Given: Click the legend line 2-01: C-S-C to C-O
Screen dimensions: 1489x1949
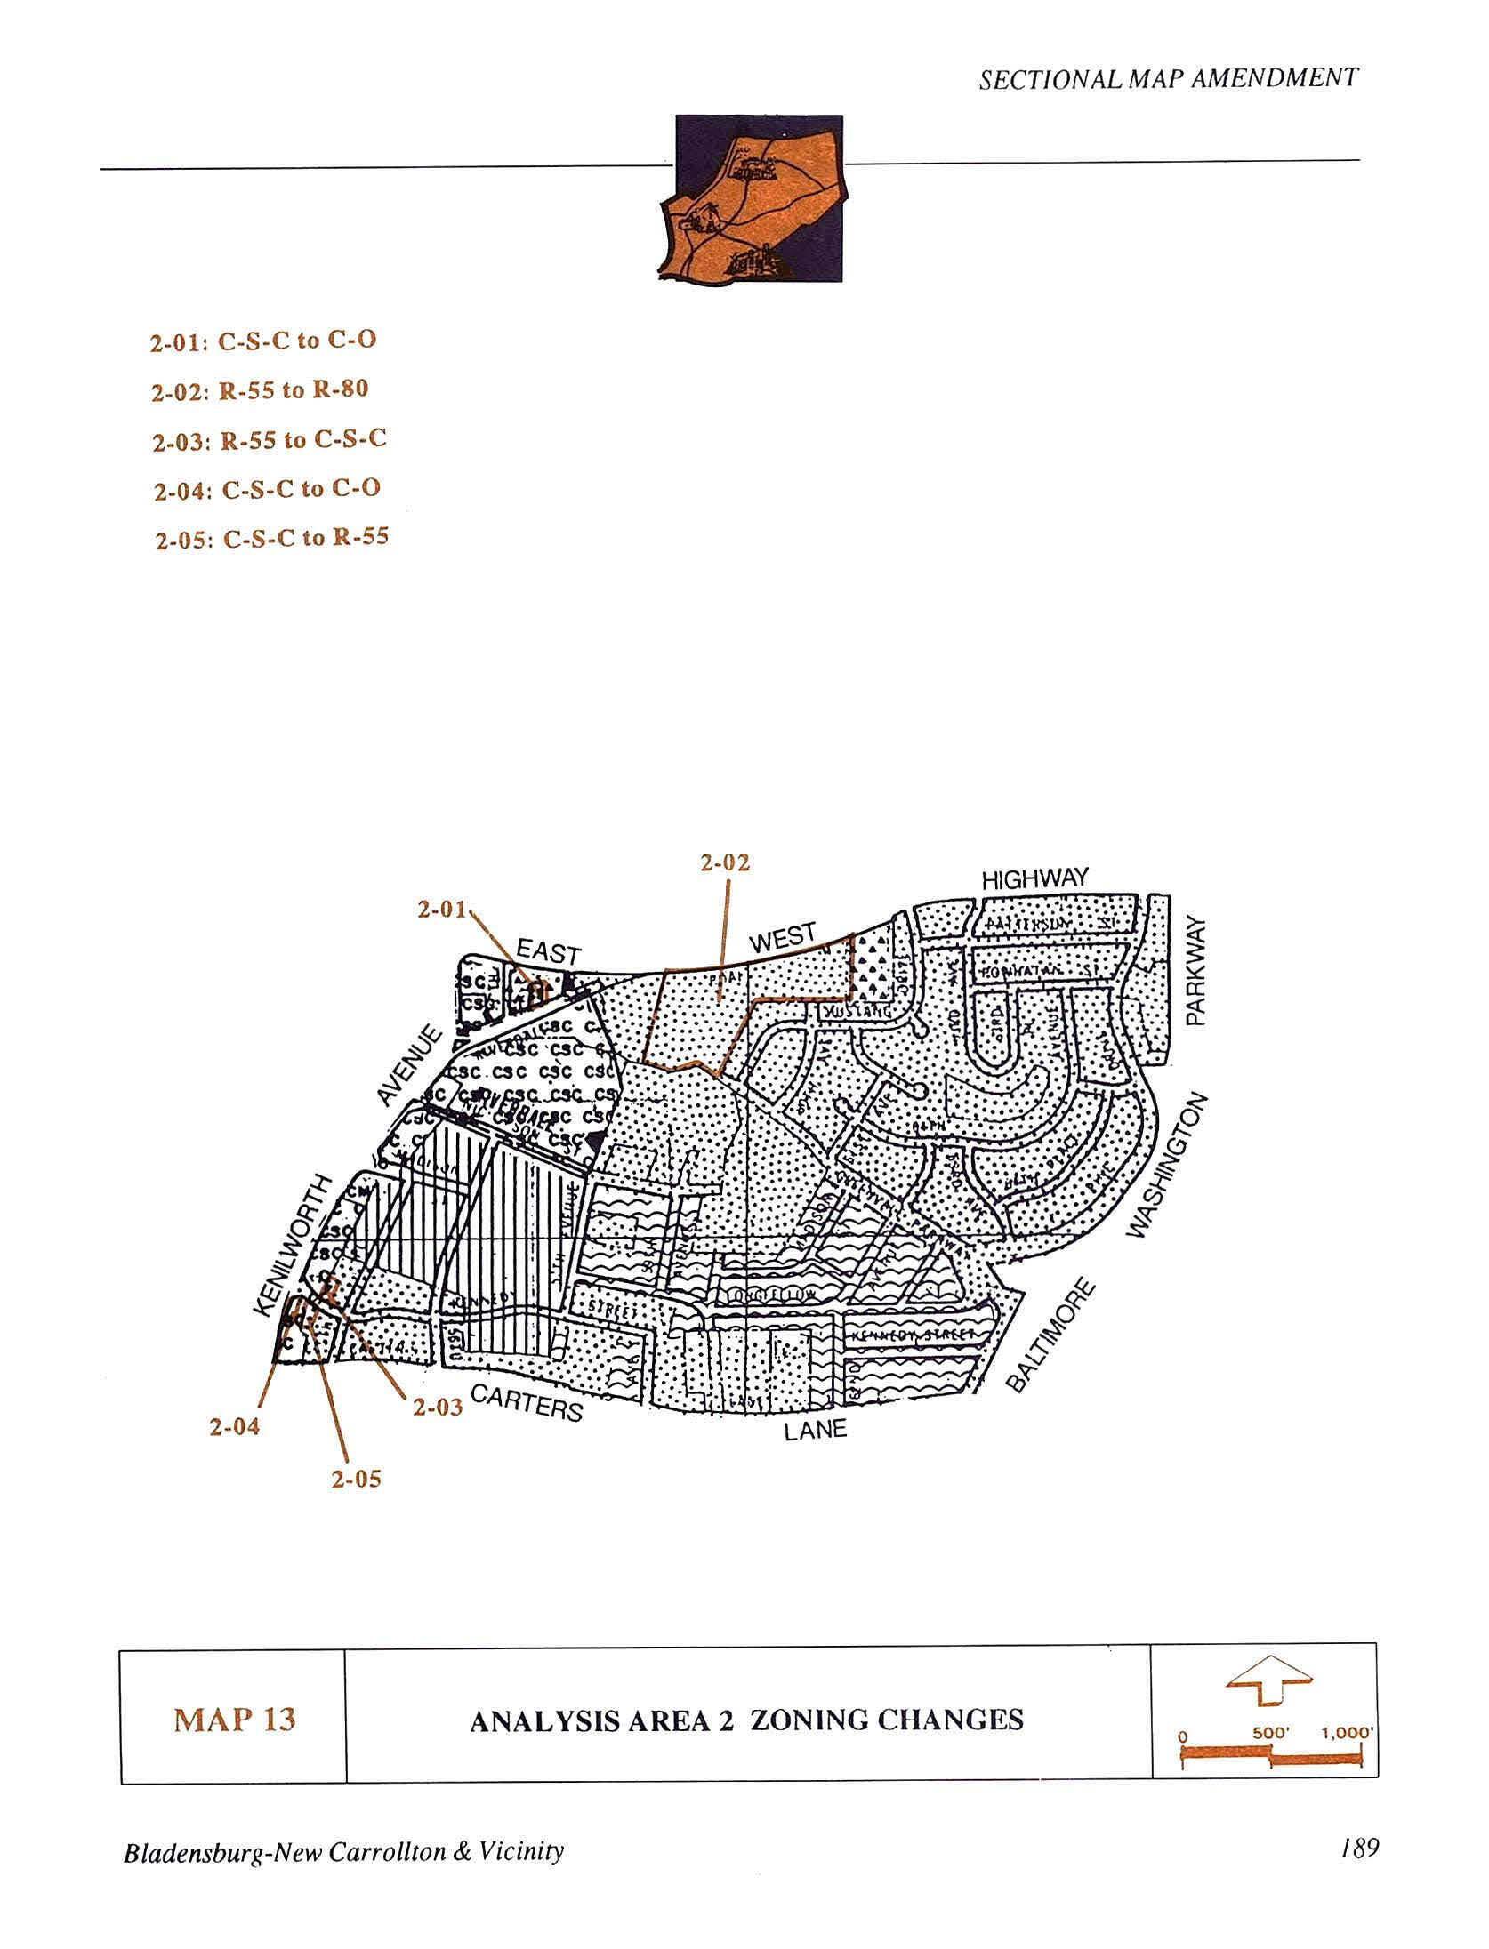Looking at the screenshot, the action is coord(262,341).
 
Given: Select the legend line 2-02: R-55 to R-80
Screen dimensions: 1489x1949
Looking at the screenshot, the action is coord(259,390).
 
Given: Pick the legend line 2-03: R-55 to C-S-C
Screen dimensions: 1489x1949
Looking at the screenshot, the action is coord(269,440).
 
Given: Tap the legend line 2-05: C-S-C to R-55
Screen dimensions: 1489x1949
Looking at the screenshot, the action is coord(271,538).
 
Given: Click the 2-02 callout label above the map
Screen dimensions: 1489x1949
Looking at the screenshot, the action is coord(724,862).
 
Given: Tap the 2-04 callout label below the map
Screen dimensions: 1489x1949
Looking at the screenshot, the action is coord(235,1427).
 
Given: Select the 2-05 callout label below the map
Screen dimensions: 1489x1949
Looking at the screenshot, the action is coord(356,1479).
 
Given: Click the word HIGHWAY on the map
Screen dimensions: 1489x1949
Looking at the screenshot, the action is coord(1034,878).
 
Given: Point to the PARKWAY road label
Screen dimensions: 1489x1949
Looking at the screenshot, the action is coord(1196,972).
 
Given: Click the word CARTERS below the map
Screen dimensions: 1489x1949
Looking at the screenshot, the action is coord(527,1402).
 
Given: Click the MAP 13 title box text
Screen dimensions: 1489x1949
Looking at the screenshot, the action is coord(234,1720).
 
